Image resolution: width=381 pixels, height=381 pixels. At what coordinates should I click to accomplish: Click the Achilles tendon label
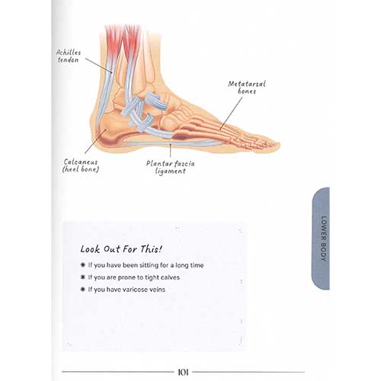click(x=68, y=56)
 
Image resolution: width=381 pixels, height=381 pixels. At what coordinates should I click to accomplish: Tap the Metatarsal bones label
click(x=247, y=88)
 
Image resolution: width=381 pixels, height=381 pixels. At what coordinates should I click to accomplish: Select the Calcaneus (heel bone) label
click(x=81, y=165)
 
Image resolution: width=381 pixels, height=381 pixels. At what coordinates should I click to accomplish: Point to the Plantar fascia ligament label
click(x=171, y=167)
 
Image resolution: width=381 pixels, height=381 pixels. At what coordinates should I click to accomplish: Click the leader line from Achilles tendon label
click(x=98, y=66)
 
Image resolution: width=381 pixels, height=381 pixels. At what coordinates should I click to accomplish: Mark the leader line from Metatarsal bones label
click(x=231, y=114)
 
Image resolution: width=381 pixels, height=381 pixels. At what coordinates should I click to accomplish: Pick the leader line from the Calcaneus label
click(x=95, y=142)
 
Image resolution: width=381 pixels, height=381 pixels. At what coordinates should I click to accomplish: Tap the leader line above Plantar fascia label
click(x=171, y=150)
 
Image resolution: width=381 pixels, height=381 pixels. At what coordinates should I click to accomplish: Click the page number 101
click(x=183, y=373)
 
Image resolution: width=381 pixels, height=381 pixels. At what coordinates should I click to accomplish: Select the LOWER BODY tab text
click(x=323, y=239)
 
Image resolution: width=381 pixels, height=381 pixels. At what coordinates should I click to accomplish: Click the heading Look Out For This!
click(x=121, y=249)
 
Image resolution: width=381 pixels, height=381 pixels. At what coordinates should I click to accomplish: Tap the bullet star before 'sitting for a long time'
click(x=82, y=265)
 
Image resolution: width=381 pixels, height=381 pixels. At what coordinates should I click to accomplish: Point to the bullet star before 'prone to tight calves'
click(x=82, y=277)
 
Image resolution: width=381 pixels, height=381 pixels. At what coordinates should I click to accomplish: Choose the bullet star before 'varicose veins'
click(x=82, y=290)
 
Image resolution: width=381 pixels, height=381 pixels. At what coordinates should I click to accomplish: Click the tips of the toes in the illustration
click(x=276, y=146)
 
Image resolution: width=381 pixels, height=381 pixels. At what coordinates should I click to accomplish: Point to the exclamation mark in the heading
click(x=160, y=249)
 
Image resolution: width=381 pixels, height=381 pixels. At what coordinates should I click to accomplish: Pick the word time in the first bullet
click(x=197, y=265)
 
